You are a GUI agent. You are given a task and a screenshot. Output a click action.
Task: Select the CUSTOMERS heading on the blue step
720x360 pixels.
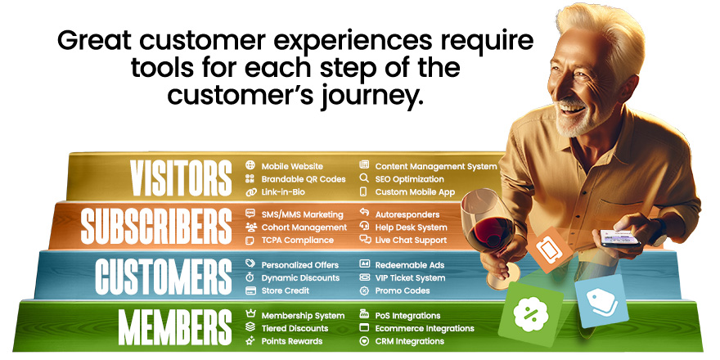(x=164, y=277)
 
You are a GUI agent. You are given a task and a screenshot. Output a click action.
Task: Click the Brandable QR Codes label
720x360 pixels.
(x=303, y=179)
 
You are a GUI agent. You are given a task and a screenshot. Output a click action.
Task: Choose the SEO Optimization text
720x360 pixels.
(x=409, y=179)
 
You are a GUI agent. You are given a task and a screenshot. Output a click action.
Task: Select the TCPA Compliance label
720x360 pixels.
(x=297, y=241)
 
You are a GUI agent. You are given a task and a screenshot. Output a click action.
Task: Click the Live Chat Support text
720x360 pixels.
(x=411, y=241)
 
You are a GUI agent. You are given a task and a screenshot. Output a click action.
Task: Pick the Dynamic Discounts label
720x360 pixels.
(x=300, y=278)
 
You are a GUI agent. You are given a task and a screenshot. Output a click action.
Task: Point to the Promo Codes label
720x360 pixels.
(x=403, y=290)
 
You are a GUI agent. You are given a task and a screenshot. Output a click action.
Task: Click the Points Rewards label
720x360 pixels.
(x=291, y=341)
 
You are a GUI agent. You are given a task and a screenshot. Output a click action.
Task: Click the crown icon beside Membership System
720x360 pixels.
(x=250, y=315)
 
